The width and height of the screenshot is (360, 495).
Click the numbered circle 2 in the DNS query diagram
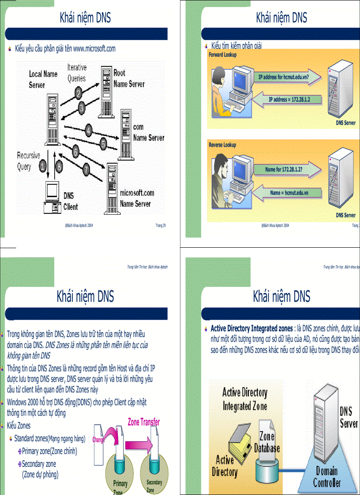point(79,93)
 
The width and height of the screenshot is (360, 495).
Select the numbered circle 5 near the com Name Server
point(103,143)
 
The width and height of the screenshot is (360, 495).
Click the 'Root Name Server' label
point(128,78)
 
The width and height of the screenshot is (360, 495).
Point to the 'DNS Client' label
point(71,201)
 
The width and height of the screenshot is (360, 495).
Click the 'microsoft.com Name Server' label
point(137,198)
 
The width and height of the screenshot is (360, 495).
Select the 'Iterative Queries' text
point(77,73)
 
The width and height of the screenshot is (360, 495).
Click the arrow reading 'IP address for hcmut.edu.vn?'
point(289,77)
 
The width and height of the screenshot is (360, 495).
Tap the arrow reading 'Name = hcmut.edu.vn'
point(289,193)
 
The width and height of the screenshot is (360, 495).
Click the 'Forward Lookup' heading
point(222,55)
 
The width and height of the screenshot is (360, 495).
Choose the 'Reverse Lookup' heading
point(222,145)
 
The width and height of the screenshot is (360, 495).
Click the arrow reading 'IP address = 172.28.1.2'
point(289,99)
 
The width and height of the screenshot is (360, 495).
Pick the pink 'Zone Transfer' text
point(143,422)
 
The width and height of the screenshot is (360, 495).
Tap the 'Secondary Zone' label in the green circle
point(154,485)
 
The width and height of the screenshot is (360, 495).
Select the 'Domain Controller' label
point(326,477)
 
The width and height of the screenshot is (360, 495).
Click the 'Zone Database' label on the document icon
point(267,442)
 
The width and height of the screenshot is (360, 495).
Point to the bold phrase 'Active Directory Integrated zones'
point(251,328)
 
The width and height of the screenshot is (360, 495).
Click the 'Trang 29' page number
point(161,225)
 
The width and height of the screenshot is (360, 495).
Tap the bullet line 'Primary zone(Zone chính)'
point(49,451)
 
